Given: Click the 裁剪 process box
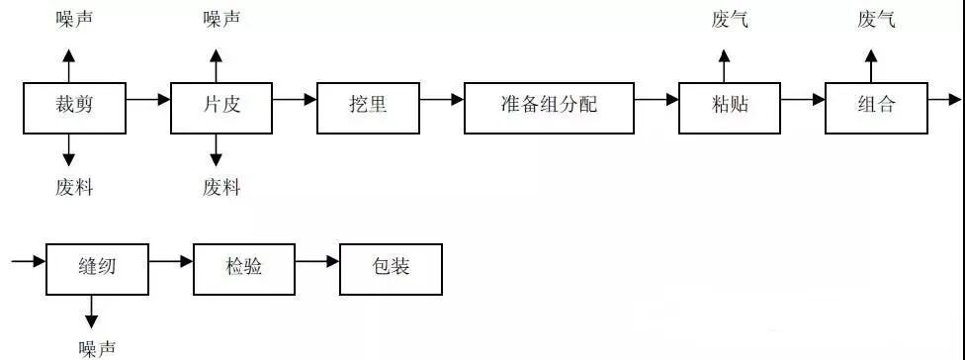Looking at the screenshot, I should (74, 107).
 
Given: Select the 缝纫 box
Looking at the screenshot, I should (97, 268).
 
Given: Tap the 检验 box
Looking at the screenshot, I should (243, 268).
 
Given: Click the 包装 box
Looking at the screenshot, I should (391, 268).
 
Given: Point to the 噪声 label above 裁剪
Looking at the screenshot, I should (74, 20).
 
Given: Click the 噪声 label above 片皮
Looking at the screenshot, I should (221, 20).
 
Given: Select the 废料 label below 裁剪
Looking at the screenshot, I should (74, 187).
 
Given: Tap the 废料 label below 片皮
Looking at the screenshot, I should (221, 187).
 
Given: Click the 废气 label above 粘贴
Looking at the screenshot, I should (730, 20).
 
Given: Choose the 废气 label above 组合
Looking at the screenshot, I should (876, 20).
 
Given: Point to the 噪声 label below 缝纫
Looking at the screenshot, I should (97, 347).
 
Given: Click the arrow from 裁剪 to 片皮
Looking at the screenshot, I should (148, 99).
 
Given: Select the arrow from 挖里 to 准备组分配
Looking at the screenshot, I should (441, 99).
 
